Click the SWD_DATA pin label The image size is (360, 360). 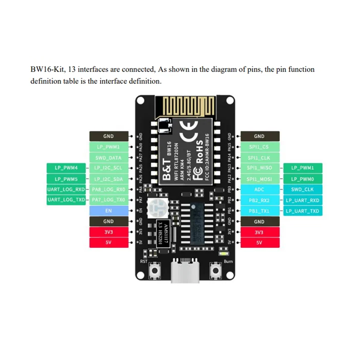coord(108,157)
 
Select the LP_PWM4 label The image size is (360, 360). coord(66,168)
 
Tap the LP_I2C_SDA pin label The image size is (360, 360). coord(108,179)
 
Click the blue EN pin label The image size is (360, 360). coord(108,211)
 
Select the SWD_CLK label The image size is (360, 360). coord(302,189)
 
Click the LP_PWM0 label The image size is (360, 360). coord(302,179)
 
